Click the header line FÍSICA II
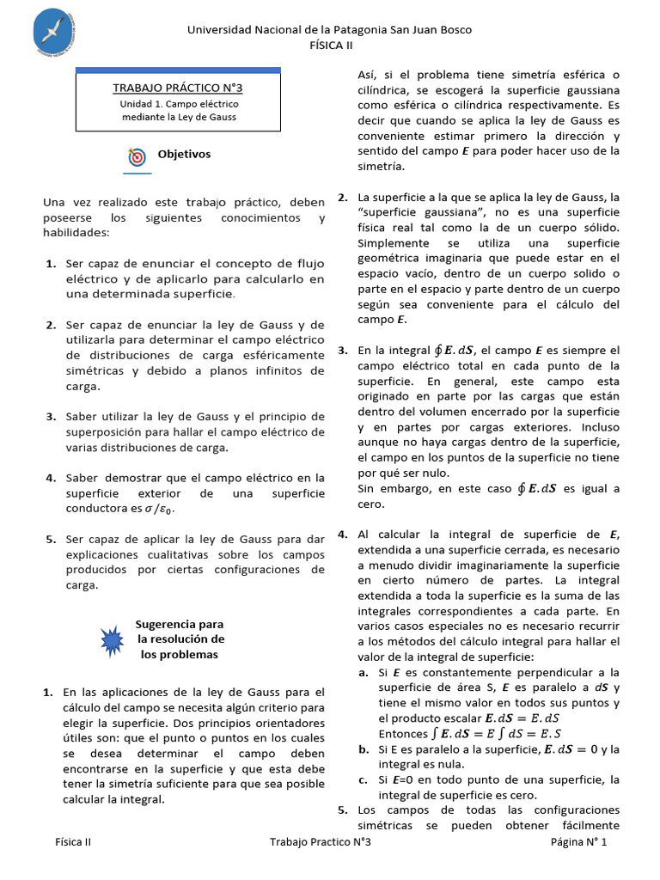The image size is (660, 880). point(330,46)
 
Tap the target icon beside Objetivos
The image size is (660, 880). point(137,156)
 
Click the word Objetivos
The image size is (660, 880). point(184,155)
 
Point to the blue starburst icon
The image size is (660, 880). point(113,639)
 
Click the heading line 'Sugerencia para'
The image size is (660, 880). point(180,624)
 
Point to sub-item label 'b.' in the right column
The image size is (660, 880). point(364,749)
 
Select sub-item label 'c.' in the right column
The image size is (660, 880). point(364,779)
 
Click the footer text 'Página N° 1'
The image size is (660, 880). point(578,842)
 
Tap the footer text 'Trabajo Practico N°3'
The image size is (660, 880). point(320,842)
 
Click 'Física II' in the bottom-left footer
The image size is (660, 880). point(73,842)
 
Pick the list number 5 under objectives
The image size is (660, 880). point(51,539)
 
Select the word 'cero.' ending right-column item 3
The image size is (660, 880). point(371,504)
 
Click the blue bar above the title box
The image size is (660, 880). point(178,70)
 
